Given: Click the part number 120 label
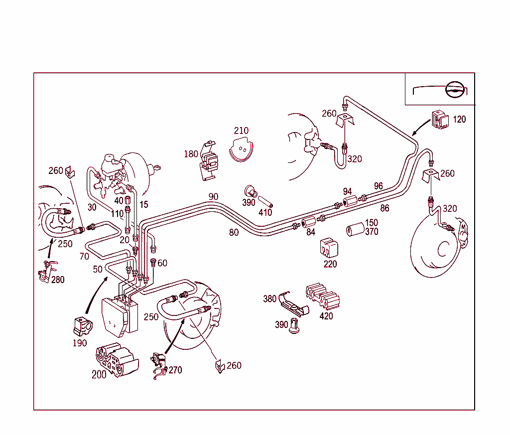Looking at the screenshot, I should pos(459,120).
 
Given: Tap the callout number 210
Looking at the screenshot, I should pos(241,131).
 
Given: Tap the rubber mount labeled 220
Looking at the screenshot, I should pos(329,248).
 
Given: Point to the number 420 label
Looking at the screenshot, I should pos(326,315).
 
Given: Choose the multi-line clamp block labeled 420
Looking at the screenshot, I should pos(322,297).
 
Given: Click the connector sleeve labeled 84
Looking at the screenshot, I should pos(309,222).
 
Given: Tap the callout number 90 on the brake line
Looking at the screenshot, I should pos(213,197).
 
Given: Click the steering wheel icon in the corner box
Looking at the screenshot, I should pos(454,89).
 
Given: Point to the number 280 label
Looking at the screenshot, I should pos(58,280).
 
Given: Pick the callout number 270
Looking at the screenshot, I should pos(175,370).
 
